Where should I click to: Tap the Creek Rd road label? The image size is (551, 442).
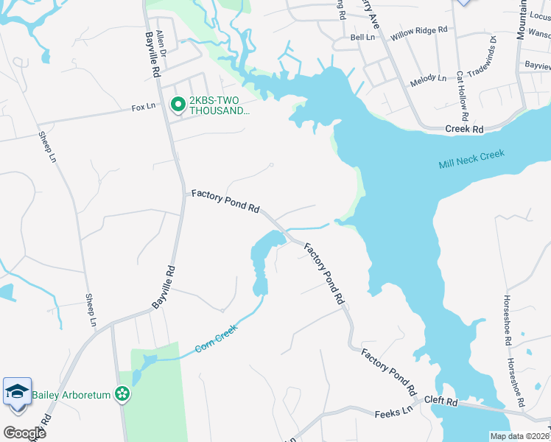[x=464, y=129]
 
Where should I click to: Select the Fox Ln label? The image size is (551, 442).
[x=144, y=107]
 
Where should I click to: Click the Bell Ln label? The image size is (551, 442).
[x=362, y=37]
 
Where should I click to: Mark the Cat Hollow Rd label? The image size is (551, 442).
[x=461, y=96]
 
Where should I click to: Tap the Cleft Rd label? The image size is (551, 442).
[x=441, y=402]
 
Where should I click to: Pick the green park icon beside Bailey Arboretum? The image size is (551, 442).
[x=122, y=395]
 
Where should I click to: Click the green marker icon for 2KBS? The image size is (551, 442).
[x=178, y=105]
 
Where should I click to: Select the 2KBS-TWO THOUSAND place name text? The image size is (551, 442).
[x=220, y=106]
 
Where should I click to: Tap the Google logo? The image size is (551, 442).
[x=24, y=432]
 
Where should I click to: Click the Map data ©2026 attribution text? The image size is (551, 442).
[x=520, y=436]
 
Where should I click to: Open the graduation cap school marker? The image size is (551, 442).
[x=17, y=391]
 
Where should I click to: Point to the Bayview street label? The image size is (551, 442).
[x=537, y=66]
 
